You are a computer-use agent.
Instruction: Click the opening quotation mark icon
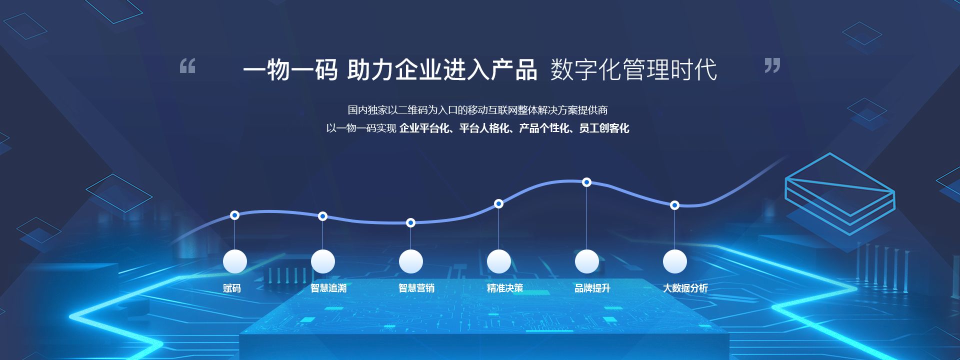187,65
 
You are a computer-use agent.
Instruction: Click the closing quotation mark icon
772,65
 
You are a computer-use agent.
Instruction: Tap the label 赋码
232,288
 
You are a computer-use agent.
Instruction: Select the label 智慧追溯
328,288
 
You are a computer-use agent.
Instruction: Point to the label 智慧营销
416,288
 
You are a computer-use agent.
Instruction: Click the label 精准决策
505,288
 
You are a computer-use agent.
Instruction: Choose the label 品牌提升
592,288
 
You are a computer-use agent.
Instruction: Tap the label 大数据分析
685,288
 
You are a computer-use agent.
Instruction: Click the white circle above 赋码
235,261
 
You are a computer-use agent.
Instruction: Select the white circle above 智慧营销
411,261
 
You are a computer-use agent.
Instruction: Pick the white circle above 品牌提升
587,261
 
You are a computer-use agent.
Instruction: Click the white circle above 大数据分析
675,261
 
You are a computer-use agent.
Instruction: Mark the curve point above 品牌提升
587,182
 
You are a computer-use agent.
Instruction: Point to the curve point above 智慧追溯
323,216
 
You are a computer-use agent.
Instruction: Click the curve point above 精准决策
498,203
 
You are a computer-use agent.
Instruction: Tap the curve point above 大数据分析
674,205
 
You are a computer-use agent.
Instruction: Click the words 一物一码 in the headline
290,69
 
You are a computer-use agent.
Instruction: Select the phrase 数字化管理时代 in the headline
634,69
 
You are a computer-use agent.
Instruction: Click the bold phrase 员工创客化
604,128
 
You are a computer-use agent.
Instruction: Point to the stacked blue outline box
840,193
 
